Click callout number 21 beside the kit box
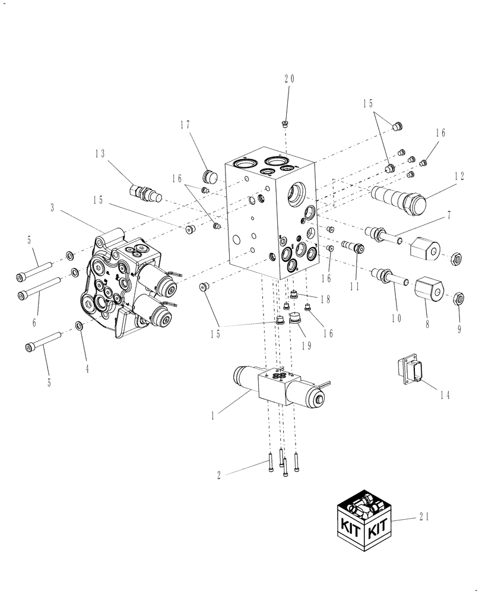coord(423,516)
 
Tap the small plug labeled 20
coord(286,124)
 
